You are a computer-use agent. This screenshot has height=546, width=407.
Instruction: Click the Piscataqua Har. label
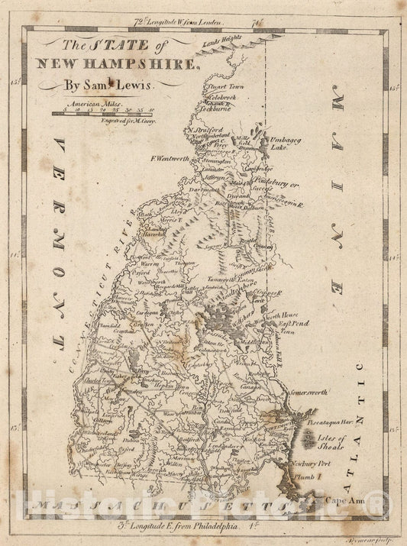point(334,421)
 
